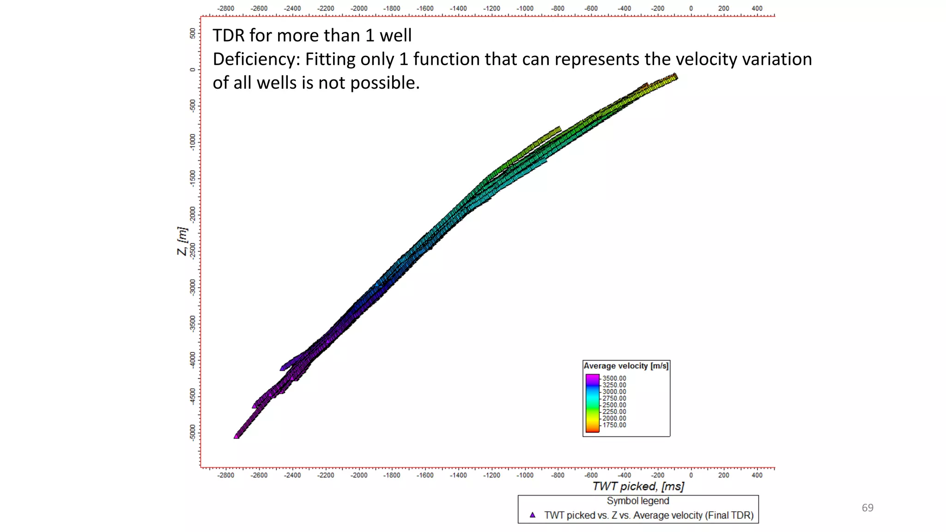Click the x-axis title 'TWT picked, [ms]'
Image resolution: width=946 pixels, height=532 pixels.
point(638,486)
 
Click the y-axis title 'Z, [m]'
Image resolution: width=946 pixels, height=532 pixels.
point(182,241)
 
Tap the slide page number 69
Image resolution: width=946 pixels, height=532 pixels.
point(867,508)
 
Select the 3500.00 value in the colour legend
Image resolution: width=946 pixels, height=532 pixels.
point(614,378)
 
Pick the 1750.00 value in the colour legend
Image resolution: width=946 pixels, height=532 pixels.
point(614,425)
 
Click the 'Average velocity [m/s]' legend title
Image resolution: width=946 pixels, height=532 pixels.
point(626,366)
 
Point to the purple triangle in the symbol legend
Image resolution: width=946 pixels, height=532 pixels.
point(533,514)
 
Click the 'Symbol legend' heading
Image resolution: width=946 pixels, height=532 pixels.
point(637,501)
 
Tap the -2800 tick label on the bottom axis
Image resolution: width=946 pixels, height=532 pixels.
point(226,475)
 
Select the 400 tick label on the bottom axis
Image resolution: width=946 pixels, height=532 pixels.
point(757,475)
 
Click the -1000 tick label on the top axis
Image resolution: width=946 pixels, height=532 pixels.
point(525,8)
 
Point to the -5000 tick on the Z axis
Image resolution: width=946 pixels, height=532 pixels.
point(193,433)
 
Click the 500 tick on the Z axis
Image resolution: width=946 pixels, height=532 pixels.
point(193,33)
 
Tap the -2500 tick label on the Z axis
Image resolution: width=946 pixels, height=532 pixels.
point(193,250)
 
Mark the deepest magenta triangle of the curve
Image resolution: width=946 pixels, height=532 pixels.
point(236,435)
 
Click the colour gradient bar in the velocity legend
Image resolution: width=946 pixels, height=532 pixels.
point(592,403)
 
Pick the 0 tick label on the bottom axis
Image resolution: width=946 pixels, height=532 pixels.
point(691,475)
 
